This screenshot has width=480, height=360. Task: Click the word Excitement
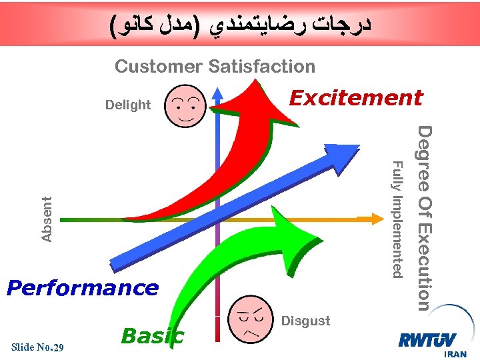[355, 98]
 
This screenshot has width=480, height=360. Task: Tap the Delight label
[128, 105]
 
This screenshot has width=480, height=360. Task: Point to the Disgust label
[306, 321]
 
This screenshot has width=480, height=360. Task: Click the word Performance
[82, 288]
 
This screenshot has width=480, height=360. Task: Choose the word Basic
[152, 335]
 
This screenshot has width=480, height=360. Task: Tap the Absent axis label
[47, 218]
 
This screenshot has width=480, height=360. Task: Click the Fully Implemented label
[397, 219]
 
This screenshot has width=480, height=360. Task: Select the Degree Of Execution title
[425, 218]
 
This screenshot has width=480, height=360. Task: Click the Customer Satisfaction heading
[215, 67]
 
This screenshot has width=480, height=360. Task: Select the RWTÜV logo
[427, 339]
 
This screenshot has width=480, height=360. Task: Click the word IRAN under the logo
[455, 354]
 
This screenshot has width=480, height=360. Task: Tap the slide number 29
[58, 347]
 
